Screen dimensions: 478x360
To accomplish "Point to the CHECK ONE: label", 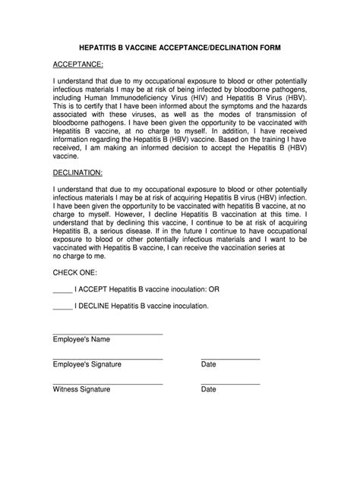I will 75,271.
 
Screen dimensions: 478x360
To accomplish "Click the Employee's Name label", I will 81,339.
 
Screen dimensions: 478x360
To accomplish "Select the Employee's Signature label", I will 87,364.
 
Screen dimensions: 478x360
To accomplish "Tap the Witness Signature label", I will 81,389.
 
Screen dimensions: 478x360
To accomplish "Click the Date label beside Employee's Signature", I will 209,364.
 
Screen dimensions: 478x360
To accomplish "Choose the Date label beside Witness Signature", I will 209,389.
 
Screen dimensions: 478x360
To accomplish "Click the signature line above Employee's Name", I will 108,333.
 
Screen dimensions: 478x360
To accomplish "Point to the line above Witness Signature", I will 108,383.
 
